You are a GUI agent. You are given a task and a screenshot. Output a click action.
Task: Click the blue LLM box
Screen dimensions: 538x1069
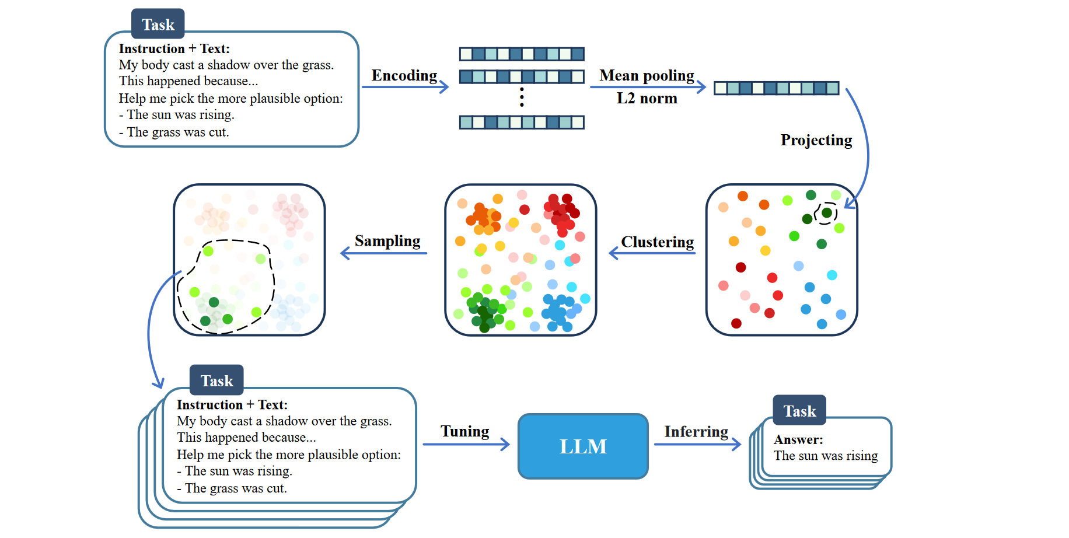[x=583, y=446]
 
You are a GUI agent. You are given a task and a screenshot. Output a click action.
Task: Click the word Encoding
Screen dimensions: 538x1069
[x=404, y=76]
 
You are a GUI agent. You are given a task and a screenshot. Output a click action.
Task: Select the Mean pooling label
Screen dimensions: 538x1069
[x=647, y=76]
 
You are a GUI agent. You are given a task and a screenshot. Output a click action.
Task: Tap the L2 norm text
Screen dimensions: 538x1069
[x=647, y=98]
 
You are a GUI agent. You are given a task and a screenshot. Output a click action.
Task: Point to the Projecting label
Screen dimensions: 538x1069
[x=816, y=140]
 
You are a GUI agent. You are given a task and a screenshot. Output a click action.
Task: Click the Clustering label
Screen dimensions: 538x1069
[x=657, y=242]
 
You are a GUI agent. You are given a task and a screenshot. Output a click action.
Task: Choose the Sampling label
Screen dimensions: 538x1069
[x=387, y=241]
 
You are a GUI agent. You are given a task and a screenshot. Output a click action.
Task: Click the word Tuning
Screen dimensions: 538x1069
[x=464, y=431]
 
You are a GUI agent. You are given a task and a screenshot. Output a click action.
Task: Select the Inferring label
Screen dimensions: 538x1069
[x=696, y=432]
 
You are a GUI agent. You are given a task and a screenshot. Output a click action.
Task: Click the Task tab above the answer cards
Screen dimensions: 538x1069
[x=799, y=411]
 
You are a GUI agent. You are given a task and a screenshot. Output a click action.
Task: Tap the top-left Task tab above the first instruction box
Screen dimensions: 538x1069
[x=158, y=25]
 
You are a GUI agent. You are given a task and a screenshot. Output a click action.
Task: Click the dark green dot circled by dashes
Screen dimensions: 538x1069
[x=826, y=212]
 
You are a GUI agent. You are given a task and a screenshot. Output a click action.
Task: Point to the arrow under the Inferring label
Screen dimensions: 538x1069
[x=697, y=445]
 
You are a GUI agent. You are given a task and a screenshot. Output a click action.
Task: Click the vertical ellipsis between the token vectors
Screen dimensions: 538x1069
[x=522, y=97]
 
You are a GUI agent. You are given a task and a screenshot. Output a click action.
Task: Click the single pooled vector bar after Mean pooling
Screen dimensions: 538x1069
[x=776, y=88]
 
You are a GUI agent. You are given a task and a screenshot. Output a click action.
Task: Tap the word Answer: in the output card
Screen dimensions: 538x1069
[x=798, y=439]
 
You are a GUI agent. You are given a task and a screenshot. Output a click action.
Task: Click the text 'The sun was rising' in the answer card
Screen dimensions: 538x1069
[x=826, y=456]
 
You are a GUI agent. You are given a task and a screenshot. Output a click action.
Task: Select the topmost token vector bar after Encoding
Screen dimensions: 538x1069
[x=522, y=54]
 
